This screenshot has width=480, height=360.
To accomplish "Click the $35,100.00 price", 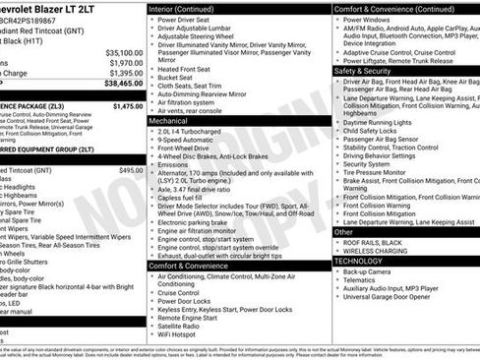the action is [x=124, y=52].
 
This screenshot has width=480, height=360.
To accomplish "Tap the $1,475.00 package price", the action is [x=128, y=106].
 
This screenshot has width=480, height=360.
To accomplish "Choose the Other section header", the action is [x=345, y=234].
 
